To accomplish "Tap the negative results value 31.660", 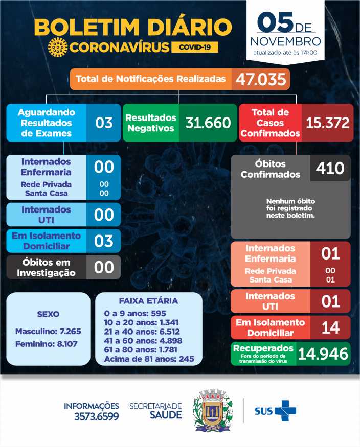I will coord(208,123).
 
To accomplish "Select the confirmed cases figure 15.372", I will coord(327,123).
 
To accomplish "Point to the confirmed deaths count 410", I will coord(330,168).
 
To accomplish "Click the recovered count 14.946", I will coord(323,353).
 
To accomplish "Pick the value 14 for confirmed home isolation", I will coord(330,327).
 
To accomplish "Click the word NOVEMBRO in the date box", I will coord(287,41).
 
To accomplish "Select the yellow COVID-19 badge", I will coord(195,47).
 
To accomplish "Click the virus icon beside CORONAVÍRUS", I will coord(58,47).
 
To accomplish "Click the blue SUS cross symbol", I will coord(285,411).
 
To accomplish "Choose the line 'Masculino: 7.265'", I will coord(48,331).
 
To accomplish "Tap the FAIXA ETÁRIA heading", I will coord(148,301).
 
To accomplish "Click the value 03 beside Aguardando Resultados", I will coord(104,123).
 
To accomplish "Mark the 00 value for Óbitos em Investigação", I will coord(104,267).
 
